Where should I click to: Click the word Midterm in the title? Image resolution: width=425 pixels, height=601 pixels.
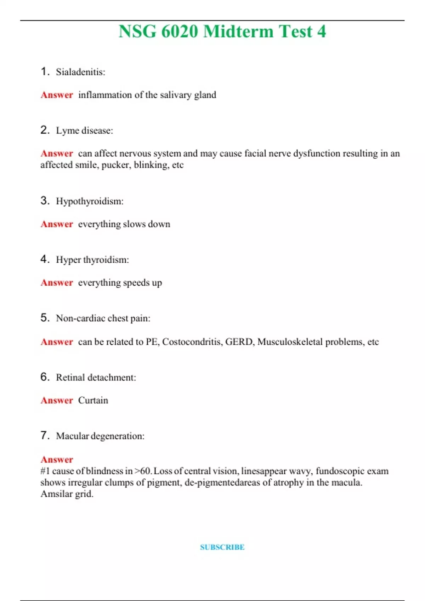238,31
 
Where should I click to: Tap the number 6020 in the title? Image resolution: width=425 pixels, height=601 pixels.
180,31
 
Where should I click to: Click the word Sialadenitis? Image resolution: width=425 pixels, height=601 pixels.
80,72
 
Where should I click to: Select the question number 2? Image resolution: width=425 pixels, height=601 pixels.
45,130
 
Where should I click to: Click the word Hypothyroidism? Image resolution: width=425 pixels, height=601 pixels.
89,201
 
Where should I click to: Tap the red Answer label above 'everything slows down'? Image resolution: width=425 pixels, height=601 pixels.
57,224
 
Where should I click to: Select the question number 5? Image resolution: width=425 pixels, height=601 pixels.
45,318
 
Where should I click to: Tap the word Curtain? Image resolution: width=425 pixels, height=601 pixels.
93,400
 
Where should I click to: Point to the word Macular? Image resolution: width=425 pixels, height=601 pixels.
73,436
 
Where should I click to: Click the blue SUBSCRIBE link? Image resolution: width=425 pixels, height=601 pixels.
222,547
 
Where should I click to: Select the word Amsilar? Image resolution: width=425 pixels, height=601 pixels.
56,494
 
